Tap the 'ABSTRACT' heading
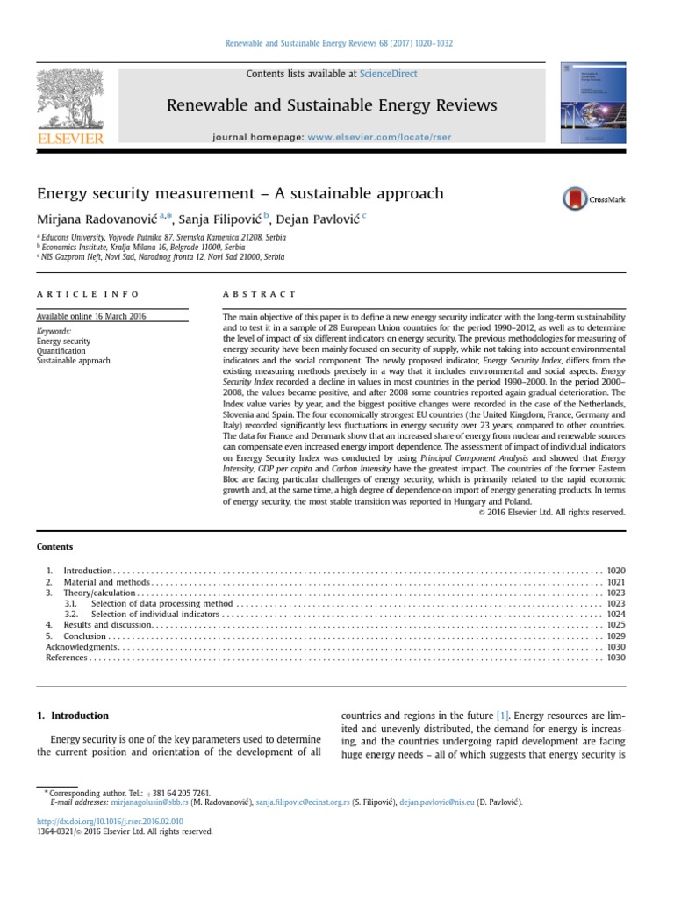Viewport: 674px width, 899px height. (x=260, y=294)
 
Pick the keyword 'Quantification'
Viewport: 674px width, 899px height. (x=61, y=351)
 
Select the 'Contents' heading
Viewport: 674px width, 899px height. (x=54, y=547)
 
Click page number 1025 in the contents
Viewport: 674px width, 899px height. (x=615, y=625)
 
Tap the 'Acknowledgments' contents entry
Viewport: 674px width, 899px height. (x=81, y=646)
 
